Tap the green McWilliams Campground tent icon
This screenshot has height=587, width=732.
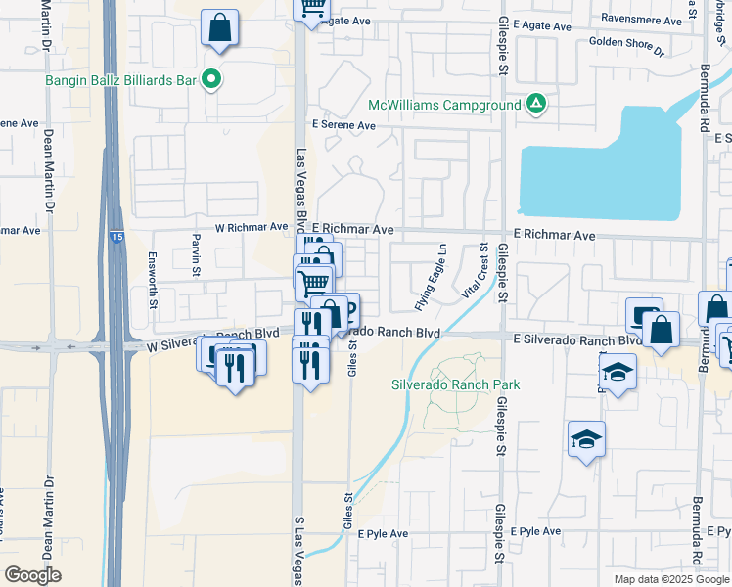(536, 104)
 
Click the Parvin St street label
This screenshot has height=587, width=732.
(196, 248)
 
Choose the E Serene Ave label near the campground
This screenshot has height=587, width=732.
(343, 125)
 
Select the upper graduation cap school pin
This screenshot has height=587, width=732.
(618, 372)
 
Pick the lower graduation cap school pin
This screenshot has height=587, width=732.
(586, 439)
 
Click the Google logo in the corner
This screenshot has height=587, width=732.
(33, 574)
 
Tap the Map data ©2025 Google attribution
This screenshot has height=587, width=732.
(670, 579)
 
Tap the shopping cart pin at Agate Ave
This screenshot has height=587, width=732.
(312, 10)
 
